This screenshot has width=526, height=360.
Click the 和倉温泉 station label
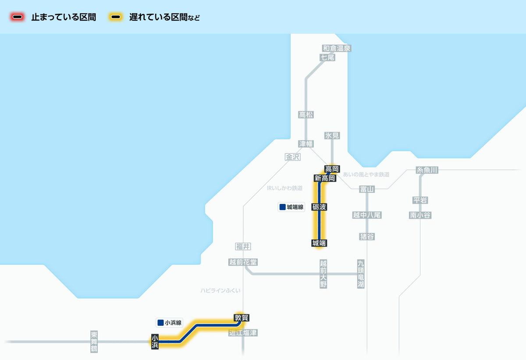337,48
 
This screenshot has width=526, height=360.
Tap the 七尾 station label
327,57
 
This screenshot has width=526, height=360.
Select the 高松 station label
306,115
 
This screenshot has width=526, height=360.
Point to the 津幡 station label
306,143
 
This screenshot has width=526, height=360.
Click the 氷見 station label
332,136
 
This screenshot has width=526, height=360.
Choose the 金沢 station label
292,157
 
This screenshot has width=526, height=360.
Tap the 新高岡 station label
325,178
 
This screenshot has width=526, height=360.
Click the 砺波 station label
320,207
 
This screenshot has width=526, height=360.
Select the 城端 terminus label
320,243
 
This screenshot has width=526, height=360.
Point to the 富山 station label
367,189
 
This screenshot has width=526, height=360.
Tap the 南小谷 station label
420,215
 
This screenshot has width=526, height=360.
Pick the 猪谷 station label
367,237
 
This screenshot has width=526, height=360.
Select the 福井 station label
243,246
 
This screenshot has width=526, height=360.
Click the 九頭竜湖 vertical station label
361,274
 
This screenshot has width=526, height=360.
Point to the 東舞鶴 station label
94,342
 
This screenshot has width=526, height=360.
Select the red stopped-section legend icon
18,18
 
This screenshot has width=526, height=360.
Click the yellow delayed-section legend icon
116,18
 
